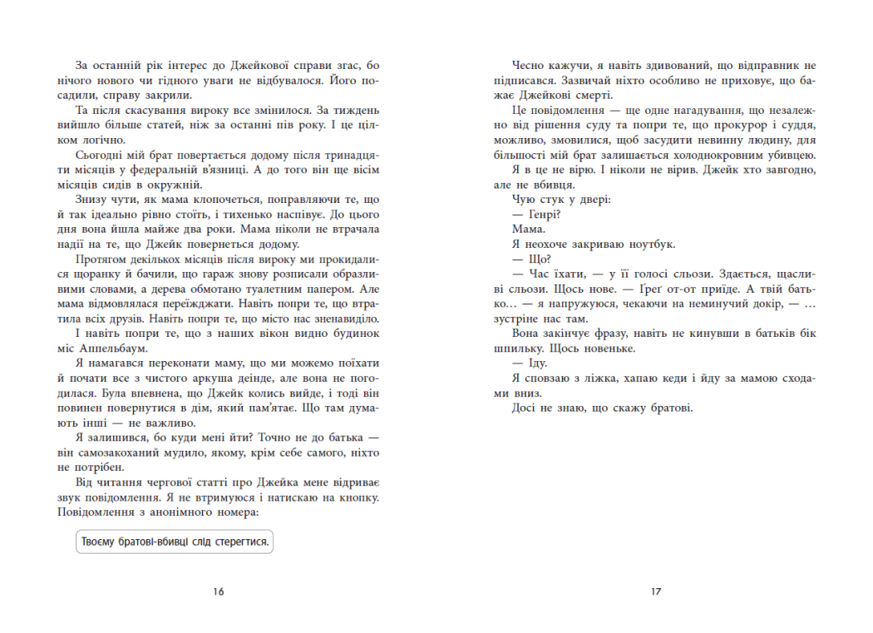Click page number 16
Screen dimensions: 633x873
(219, 591)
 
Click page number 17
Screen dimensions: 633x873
(655, 591)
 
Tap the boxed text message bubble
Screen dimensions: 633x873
(175, 542)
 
